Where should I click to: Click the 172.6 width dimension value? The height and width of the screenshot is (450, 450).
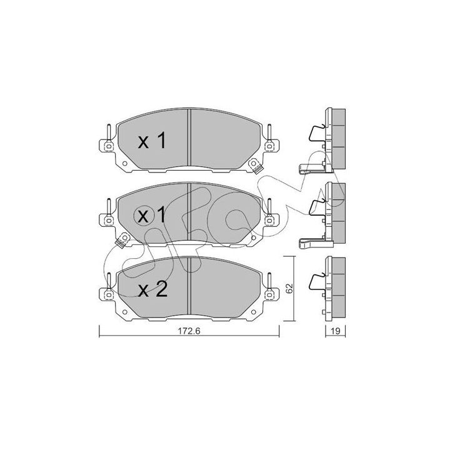point(189,331)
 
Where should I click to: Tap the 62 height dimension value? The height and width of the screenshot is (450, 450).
point(289,288)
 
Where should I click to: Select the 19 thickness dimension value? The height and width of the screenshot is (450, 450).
point(335,331)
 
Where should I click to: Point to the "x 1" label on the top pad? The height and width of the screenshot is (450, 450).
point(152,141)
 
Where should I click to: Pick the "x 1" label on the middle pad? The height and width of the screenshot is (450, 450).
point(151,215)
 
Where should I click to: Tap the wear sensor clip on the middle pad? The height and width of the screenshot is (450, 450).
point(122,240)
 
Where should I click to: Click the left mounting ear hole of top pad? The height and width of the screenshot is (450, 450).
point(109,146)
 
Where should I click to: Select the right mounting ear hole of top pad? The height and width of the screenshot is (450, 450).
point(269,146)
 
